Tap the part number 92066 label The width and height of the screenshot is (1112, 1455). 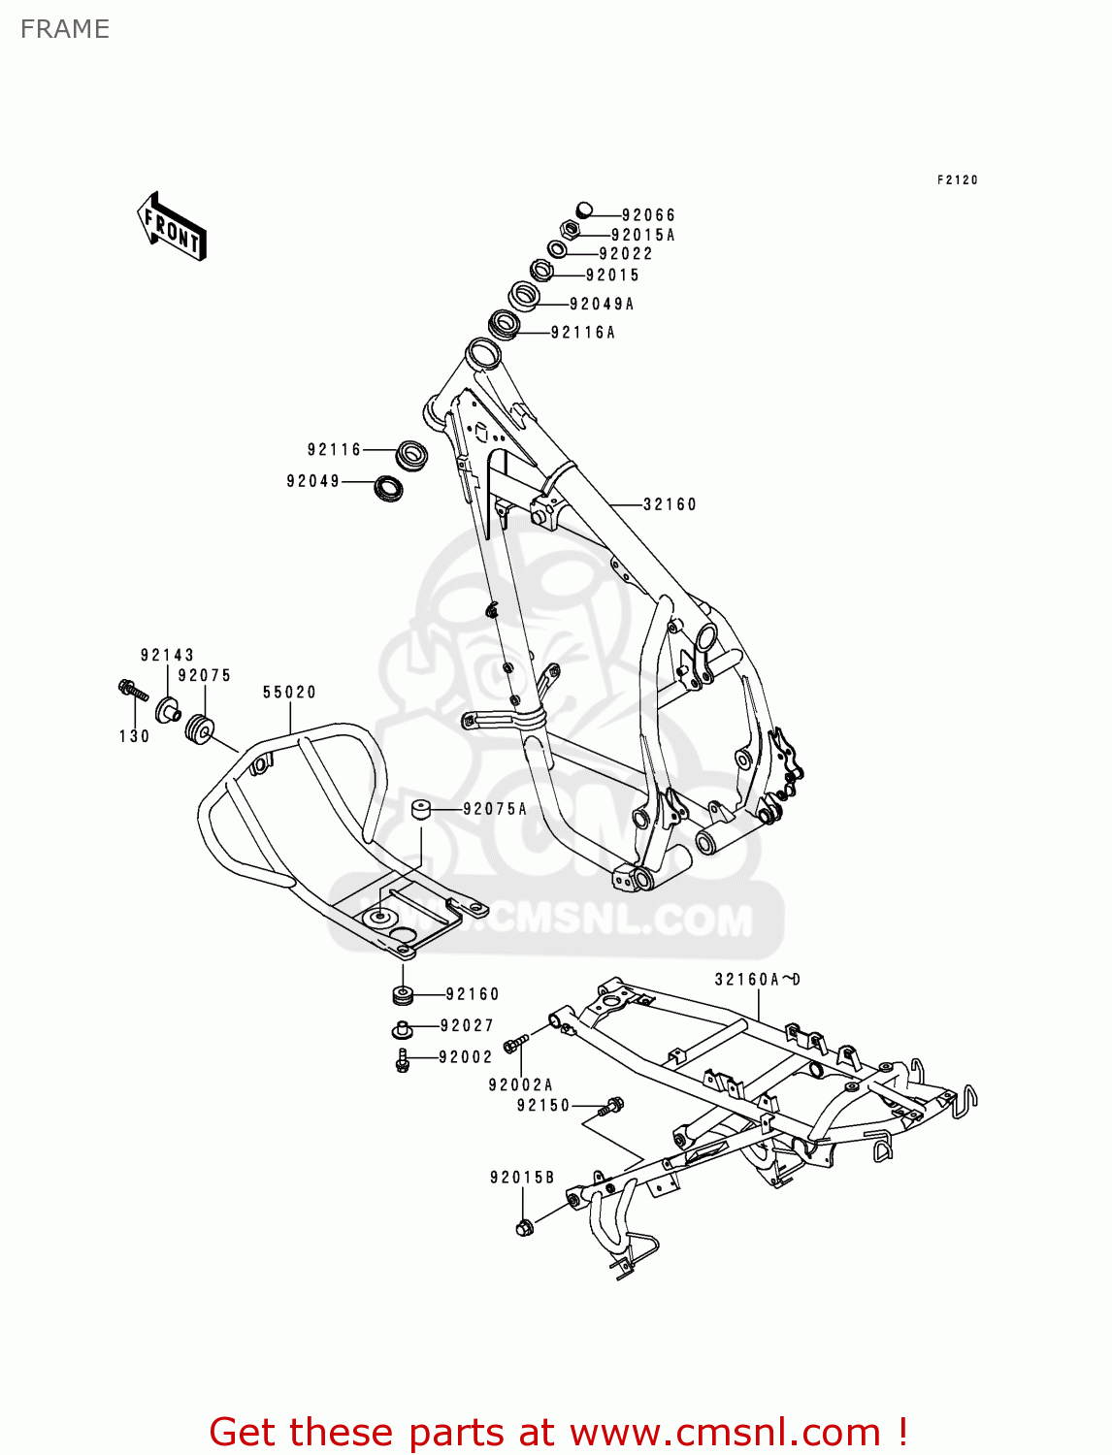(x=648, y=215)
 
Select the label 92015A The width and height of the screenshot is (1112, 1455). (x=642, y=235)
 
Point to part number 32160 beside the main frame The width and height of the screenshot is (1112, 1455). (x=670, y=504)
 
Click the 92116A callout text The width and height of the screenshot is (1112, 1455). (x=583, y=333)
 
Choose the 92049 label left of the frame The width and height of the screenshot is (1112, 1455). (x=312, y=481)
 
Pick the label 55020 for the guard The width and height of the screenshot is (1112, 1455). (x=289, y=693)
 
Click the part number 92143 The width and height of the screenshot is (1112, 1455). (x=167, y=656)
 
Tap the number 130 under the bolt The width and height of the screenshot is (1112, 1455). (x=134, y=736)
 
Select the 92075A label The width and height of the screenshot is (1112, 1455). (x=495, y=809)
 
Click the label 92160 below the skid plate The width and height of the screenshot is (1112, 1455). (x=473, y=994)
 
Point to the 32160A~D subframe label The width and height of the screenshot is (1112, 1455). (x=758, y=980)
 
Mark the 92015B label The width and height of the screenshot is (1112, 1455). (x=522, y=1178)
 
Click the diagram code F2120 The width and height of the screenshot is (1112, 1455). (x=958, y=180)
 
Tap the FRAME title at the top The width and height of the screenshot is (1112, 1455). (x=65, y=29)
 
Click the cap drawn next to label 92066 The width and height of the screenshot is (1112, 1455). (x=583, y=210)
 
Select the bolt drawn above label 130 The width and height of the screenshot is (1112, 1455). (x=131, y=690)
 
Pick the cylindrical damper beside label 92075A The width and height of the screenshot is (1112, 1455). (x=420, y=808)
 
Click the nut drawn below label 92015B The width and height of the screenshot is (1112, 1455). (x=525, y=1228)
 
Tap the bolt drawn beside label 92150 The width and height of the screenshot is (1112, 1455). (x=613, y=1104)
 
